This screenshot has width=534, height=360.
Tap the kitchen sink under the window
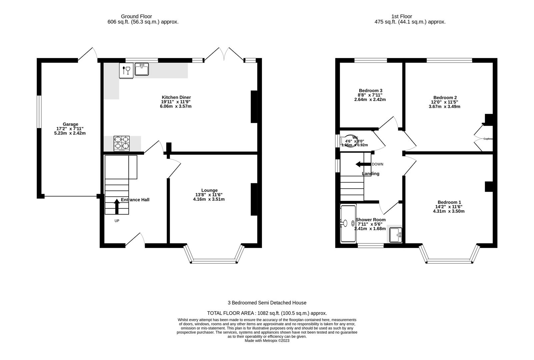pyautogui.click(x=142, y=69)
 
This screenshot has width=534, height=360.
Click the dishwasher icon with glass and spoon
pyautogui.click(x=126, y=71)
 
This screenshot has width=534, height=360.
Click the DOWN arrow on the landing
pyautogui.click(x=363, y=164)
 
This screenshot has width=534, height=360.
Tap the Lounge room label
pyautogui.click(x=209, y=190)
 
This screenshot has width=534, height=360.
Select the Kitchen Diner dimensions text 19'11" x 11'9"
pyautogui.click(x=176, y=102)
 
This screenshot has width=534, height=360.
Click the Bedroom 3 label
pyautogui.click(x=370, y=90)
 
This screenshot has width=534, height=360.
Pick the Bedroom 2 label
pyautogui.click(x=445, y=97)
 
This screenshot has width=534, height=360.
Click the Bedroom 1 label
pyautogui.click(x=449, y=202)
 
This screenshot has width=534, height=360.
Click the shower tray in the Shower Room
pyautogui.click(x=348, y=223)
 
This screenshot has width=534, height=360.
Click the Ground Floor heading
pyautogui.click(x=136, y=16)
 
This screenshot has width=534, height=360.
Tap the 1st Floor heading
pyautogui.click(x=402, y=16)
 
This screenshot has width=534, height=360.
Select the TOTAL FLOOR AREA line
pyautogui.click(x=267, y=313)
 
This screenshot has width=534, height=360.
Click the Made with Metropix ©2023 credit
pyautogui.click(x=267, y=341)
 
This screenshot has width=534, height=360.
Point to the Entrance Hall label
pyautogui.click(x=135, y=200)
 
